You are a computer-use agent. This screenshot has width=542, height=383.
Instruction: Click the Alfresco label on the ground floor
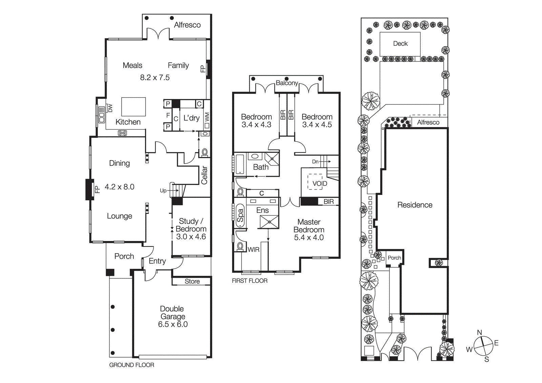point(187,25)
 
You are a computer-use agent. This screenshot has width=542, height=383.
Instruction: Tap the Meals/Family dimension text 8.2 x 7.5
point(155,78)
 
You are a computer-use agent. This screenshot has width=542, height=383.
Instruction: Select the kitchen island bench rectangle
point(133,107)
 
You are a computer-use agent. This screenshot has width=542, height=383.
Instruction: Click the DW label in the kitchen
point(110,108)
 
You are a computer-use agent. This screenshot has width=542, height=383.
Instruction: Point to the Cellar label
point(204,175)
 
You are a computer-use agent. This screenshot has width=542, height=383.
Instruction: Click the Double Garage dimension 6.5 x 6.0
point(173,324)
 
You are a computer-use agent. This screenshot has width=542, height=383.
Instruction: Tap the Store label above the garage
point(192,281)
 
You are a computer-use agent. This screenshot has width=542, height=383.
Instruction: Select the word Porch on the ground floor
point(124,256)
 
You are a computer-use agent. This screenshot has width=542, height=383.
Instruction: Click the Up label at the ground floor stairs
point(163,191)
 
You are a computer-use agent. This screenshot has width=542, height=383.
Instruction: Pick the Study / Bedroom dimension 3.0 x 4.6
point(191,237)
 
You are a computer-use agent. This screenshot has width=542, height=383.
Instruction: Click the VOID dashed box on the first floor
point(315,182)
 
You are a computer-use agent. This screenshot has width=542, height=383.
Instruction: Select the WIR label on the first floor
point(253,250)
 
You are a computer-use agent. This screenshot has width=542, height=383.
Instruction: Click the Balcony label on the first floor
point(287,83)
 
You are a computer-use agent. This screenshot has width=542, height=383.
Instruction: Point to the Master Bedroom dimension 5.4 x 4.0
point(309,238)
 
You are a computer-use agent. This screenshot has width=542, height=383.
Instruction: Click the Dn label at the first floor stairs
point(315,162)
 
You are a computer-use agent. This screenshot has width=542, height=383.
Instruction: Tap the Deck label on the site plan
point(400,44)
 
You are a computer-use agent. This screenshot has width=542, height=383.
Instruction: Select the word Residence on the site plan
point(415,205)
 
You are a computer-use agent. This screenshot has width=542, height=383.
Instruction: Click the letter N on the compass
point(479,332)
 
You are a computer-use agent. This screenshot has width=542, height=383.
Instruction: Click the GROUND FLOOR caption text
point(131,365)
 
